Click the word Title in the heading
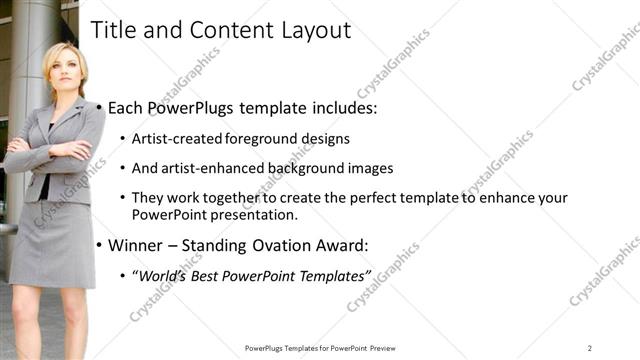coord(113,31)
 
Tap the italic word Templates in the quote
coord(333,275)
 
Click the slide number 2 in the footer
coord(589,348)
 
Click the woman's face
coord(63,66)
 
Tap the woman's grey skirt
coord(52,240)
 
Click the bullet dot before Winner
coord(99,245)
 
